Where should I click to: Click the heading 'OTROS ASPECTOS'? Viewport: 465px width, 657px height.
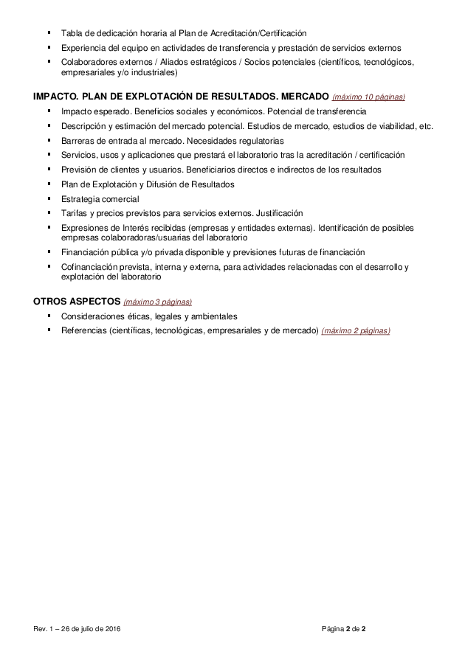[x=76, y=301]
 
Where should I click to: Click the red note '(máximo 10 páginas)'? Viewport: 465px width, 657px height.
[x=368, y=97]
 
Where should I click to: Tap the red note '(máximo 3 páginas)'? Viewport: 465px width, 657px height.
[x=158, y=302]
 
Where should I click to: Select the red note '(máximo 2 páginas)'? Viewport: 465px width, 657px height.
[x=356, y=330]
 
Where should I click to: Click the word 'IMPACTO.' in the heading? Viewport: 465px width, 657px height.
[x=56, y=97]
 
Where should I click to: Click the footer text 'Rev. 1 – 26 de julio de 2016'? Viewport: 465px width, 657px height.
[x=77, y=628]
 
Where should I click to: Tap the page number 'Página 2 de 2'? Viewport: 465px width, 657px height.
[x=344, y=628]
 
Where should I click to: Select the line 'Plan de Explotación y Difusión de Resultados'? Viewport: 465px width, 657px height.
[x=148, y=184]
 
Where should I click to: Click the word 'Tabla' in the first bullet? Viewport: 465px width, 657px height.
[x=72, y=33]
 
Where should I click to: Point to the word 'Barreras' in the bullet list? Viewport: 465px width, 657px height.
[x=78, y=140]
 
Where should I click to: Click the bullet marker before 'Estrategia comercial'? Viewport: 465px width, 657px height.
[x=48, y=198]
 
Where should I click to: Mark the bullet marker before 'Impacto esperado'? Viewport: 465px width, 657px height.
[x=48, y=110]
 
